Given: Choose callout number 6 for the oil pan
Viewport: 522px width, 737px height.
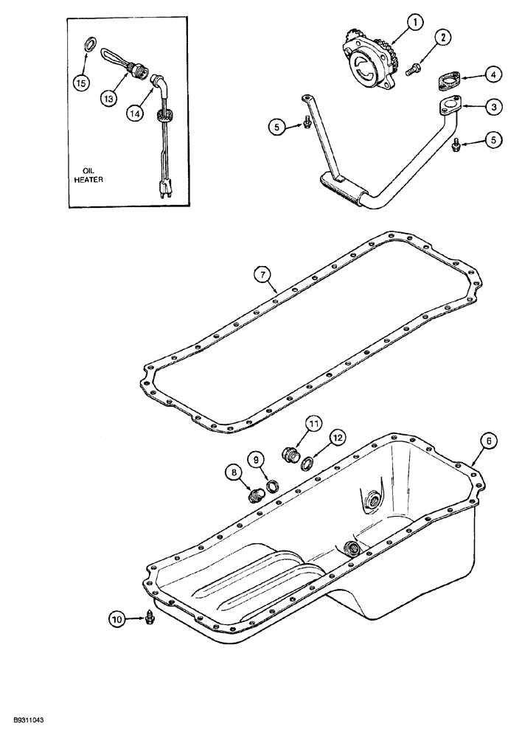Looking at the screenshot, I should click(490, 441).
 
